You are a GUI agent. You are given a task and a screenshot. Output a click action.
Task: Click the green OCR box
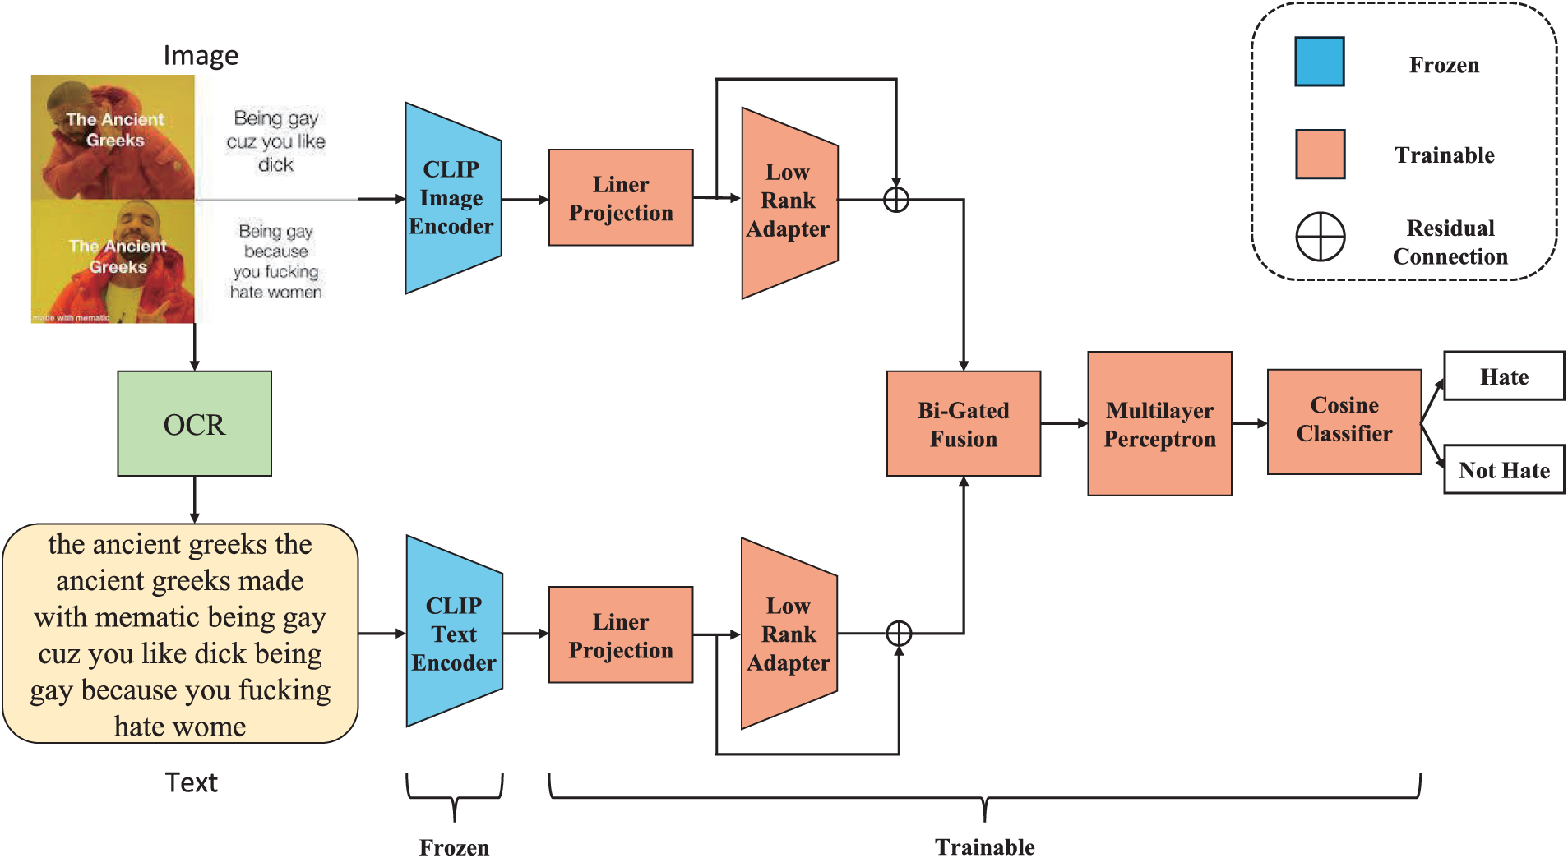tap(194, 423)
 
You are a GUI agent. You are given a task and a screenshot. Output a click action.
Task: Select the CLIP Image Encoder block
tap(453, 198)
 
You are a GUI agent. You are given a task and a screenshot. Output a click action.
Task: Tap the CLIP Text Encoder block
tap(454, 631)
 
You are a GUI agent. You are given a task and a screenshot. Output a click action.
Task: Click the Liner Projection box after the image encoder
tap(621, 197)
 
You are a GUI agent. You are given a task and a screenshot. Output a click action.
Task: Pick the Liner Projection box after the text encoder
tap(621, 634)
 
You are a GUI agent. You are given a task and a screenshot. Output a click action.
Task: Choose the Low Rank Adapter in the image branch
tap(789, 203)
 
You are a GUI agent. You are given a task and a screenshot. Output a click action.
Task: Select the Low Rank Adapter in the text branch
tap(789, 634)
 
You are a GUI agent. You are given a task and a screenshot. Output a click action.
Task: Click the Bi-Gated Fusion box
tap(964, 423)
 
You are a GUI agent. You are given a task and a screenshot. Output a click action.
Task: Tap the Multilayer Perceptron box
tap(1159, 423)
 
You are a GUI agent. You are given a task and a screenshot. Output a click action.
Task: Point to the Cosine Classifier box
tap(1344, 422)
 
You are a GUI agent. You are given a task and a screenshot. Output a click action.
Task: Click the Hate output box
tap(1504, 376)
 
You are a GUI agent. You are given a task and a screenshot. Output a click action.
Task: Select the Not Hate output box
tap(1504, 469)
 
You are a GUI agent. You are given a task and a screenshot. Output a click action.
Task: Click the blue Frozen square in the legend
tap(1320, 62)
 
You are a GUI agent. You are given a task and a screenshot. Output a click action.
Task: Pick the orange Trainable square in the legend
tap(1321, 154)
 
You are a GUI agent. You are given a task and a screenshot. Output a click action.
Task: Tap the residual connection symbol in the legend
tap(1321, 237)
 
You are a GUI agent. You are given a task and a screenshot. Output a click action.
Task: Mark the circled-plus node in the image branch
tap(896, 199)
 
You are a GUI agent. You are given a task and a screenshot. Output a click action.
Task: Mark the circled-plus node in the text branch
tap(899, 634)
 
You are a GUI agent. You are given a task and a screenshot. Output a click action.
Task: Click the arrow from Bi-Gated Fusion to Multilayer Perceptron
tap(1064, 423)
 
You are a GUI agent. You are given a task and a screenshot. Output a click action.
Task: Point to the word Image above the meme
tap(201, 55)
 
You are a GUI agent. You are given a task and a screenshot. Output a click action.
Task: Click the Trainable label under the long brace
tap(984, 846)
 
